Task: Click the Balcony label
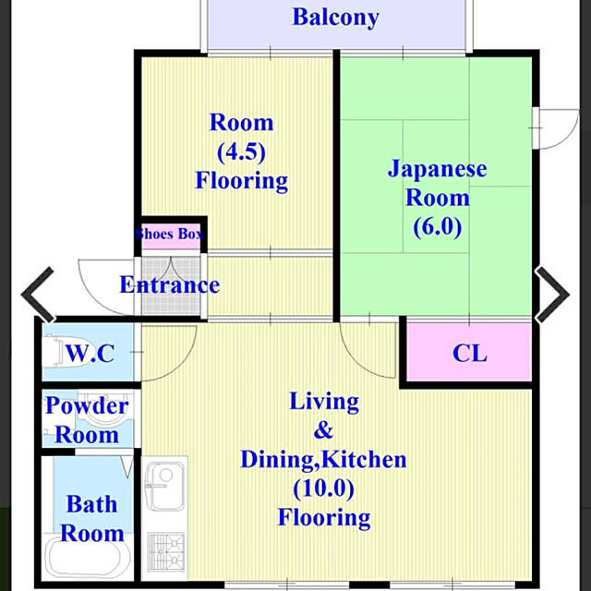pyautogui.click(x=335, y=18)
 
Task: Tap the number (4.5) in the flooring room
pyautogui.click(x=241, y=151)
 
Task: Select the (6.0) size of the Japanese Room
pyautogui.click(x=437, y=226)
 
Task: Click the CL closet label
pyautogui.click(x=469, y=353)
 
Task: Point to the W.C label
pyautogui.click(x=90, y=353)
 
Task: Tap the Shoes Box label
pyautogui.click(x=170, y=234)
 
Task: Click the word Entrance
pyautogui.click(x=170, y=285)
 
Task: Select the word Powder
pyautogui.click(x=87, y=406)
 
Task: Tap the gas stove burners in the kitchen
pyautogui.click(x=166, y=552)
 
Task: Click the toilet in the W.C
pyautogui.click(x=56, y=353)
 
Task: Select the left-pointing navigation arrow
pyautogui.click(x=38, y=295)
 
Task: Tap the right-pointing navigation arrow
pyautogui.click(x=552, y=295)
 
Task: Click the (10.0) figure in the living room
pyautogui.click(x=324, y=488)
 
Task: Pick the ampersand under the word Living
pyautogui.click(x=323, y=430)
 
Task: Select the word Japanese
pyautogui.click(x=437, y=170)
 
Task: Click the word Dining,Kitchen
pyautogui.click(x=323, y=460)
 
